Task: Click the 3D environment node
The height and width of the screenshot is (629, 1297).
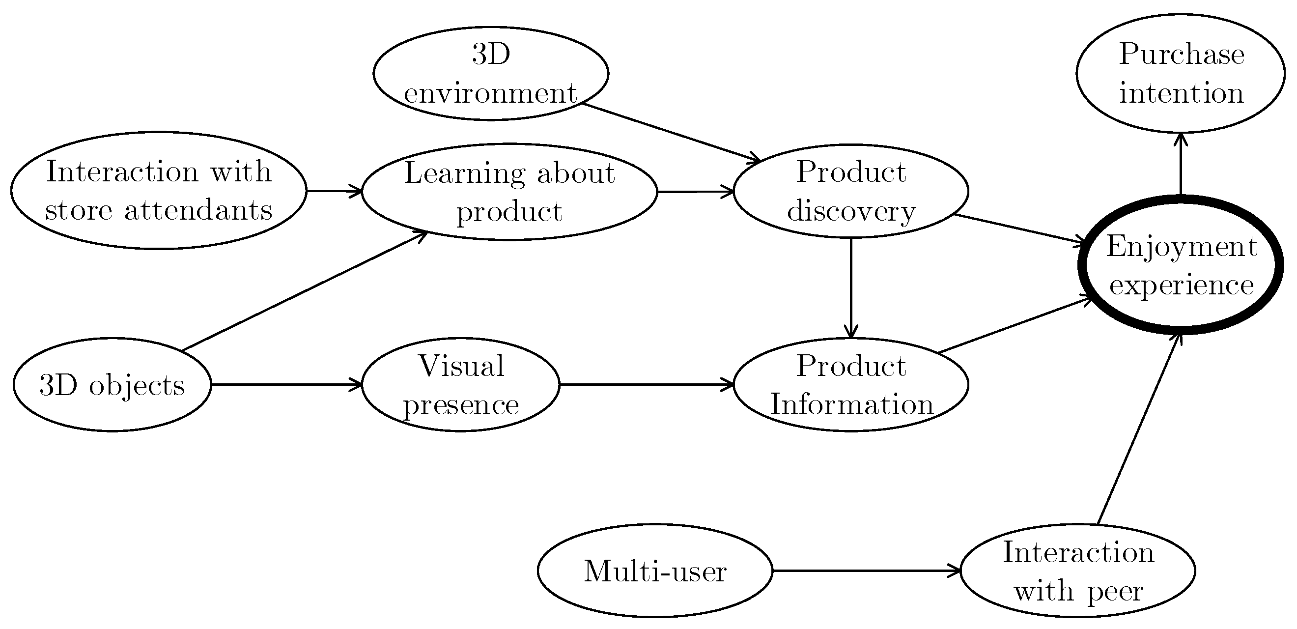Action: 490,74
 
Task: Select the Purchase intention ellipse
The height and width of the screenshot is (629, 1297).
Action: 1181,74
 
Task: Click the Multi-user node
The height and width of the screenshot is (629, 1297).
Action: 654,571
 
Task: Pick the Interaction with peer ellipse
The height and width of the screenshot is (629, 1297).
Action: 1077,571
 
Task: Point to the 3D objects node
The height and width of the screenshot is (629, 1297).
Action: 112,385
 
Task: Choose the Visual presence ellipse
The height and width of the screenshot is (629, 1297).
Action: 460,385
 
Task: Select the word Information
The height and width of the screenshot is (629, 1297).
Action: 851,404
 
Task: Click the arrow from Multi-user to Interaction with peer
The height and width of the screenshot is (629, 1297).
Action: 866,571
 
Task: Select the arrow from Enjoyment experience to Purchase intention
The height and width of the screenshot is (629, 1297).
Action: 1181,164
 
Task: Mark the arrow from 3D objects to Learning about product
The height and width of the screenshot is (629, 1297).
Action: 304,290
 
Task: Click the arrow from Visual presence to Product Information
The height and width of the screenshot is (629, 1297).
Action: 647,385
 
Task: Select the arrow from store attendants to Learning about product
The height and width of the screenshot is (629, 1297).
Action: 334,191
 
